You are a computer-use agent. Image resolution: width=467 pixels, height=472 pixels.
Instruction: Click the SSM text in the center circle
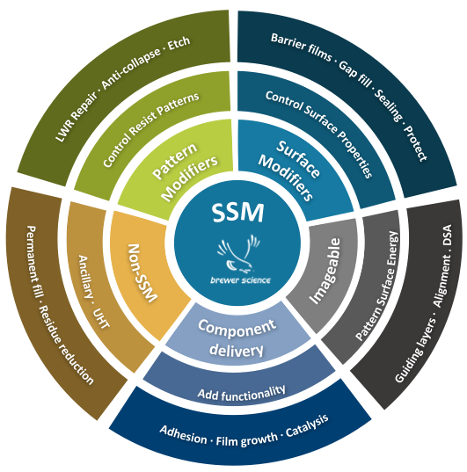[237, 213]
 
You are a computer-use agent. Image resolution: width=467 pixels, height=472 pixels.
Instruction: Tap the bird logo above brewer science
[238, 252]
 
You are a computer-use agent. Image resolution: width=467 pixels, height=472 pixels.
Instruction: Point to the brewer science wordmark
[240, 280]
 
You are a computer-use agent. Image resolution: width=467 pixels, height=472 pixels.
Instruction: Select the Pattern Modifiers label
[185, 171]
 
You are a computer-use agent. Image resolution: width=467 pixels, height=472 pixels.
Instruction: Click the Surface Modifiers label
[289, 171]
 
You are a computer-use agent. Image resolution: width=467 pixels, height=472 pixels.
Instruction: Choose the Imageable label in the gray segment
[325, 271]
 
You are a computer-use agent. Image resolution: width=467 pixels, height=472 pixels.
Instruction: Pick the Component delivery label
[237, 338]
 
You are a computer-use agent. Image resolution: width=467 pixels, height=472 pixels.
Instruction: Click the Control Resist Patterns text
[151, 129]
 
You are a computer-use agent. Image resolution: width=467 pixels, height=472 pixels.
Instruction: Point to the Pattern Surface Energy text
[377, 286]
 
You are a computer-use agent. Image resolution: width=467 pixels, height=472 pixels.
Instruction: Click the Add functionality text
[241, 393]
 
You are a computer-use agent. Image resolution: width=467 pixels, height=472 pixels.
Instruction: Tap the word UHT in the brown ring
[101, 318]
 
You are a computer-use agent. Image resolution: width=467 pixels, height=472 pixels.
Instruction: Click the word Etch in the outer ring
[179, 43]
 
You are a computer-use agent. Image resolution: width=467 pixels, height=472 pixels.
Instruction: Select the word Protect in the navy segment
[415, 143]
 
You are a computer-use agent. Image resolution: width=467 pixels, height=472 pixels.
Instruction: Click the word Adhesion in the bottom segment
[183, 435]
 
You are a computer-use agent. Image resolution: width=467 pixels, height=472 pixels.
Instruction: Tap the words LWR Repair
[77, 117]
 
